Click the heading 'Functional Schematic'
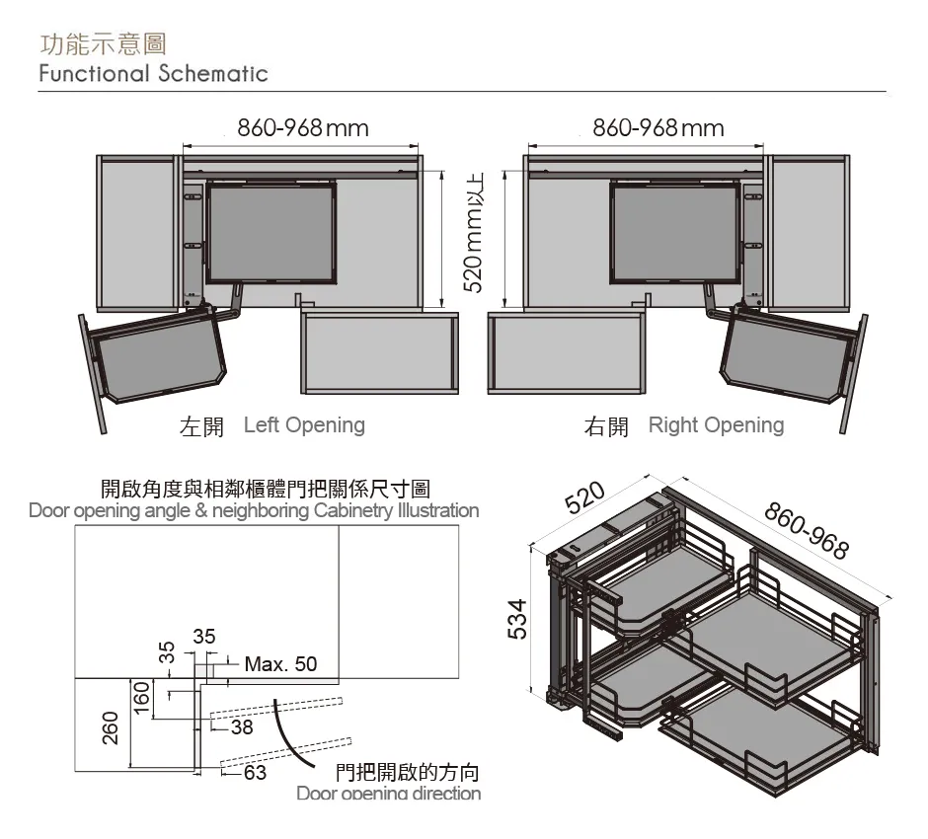point(153,74)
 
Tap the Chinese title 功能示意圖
point(103,43)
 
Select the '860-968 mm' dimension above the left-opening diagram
point(303,128)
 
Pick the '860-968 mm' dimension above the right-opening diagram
point(658,128)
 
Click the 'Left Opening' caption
point(304,425)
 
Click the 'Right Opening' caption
point(716,425)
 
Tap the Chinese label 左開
point(201,426)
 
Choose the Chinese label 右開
point(606,426)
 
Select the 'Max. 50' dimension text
point(280,663)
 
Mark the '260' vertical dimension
point(110,729)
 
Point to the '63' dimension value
point(255,773)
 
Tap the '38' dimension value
point(242,728)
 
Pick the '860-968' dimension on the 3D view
point(807,530)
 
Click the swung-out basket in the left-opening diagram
point(158,355)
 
